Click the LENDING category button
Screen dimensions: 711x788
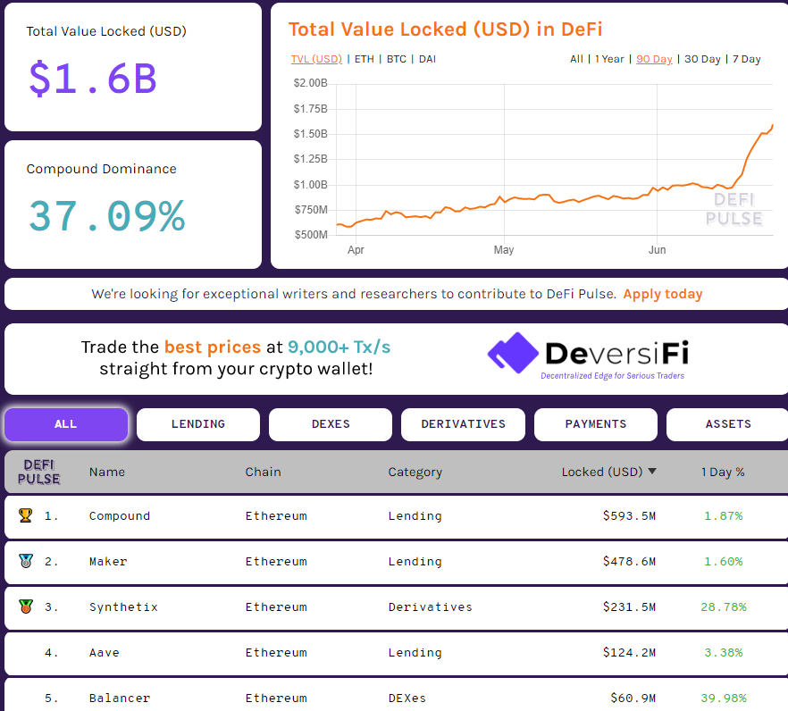[x=197, y=424]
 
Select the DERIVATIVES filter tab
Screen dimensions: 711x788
[x=463, y=424]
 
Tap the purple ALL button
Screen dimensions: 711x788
[x=66, y=424]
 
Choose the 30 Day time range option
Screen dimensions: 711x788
[x=702, y=59]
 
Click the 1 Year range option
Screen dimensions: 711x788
[x=609, y=59]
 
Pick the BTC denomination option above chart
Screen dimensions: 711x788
[x=396, y=59]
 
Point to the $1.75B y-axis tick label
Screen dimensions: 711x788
[x=310, y=108]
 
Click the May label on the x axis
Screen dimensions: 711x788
[x=504, y=250]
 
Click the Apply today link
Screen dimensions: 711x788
[x=662, y=294]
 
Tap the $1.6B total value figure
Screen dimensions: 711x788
[x=93, y=79]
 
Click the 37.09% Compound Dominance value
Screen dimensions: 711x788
[x=106, y=216]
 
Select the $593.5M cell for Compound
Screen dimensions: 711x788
[x=629, y=516]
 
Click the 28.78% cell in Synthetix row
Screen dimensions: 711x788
[x=724, y=607]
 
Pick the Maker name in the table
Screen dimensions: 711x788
[x=108, y=562]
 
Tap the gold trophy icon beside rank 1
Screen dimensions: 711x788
[x=25, y=515]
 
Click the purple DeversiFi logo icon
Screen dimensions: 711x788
[x=512, y=353]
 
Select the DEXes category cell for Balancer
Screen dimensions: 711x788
[x=407, y=698]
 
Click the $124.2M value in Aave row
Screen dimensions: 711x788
[x=629, y=653]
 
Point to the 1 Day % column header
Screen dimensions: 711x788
[x=723, y=472]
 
